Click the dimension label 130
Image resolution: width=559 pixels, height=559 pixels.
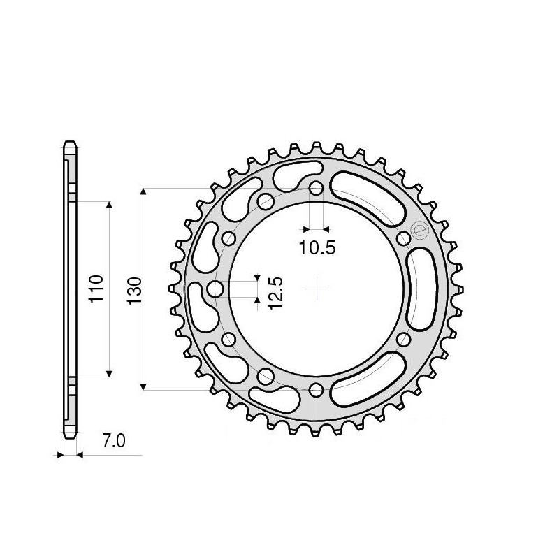[135, 289]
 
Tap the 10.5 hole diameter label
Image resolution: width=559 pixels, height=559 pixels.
[317, 247]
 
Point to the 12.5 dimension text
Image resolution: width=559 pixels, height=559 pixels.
[274, 289]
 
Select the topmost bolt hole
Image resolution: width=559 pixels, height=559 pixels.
[317, 189]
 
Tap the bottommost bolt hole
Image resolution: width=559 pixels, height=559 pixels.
[317, 389]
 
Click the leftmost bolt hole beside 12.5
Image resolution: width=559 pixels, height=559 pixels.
[217, 289]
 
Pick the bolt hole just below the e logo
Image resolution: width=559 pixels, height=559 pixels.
[403, 240]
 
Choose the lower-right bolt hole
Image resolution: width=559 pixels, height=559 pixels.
[403, 340]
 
